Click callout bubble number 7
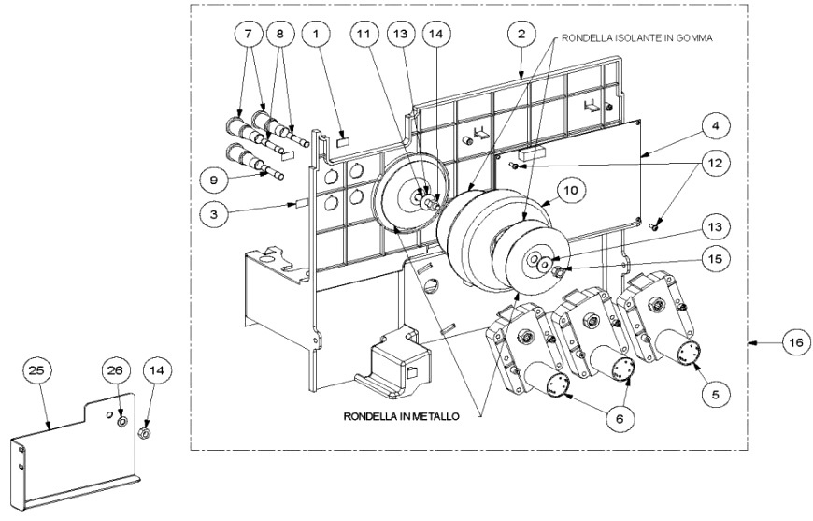click(x=248, y=35)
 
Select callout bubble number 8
click(x=280, y=35)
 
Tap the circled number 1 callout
click(x=316, y=35)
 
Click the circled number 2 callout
click(x=521, y=35)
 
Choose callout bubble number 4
click(x=715, y=126)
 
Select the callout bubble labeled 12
click(x=715, y=163)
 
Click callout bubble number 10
click(x=570, y=191)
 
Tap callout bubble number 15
click(x=715, y=258)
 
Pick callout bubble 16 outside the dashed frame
click(x=797, y=343)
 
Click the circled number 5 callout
click(x=716, y=395)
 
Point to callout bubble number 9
click(x=214, y=180)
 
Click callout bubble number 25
click(x=37, y=370)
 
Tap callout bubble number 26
click(x=117, y=370)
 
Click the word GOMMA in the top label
click(x=694, y=38)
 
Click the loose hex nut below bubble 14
click(x=146, y=432)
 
